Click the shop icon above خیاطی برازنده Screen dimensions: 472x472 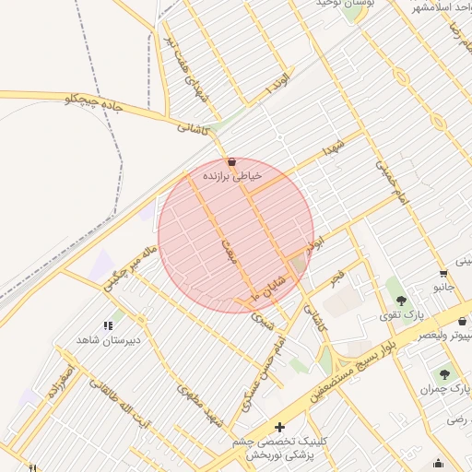point(230,161)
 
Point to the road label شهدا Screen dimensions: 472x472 point(334,148)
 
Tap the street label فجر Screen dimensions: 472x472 point(337,276)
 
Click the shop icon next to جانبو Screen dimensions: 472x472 point(444,273)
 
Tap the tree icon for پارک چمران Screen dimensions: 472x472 point(445,374)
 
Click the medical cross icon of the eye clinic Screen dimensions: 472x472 point(280,426)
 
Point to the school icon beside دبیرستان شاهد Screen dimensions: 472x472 point(108,325)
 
